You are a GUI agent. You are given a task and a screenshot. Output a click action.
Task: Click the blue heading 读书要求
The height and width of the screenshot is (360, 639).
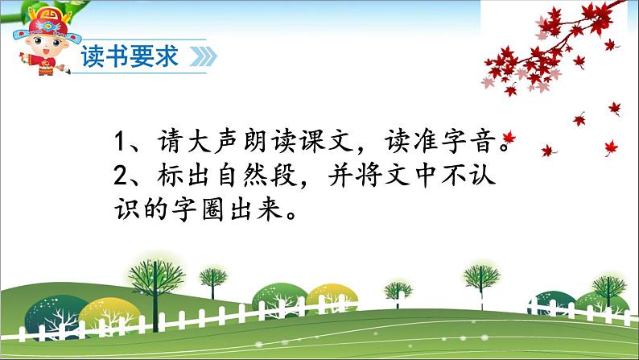coord(130,56)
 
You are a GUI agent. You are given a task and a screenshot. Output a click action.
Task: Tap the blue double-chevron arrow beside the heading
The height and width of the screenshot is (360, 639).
coord(204,56)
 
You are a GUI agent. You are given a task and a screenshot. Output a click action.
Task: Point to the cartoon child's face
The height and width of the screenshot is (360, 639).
coord(46,46)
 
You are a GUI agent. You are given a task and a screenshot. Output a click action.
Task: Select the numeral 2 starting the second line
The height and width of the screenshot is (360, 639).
coord(121,176)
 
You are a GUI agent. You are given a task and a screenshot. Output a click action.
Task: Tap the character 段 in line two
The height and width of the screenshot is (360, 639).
coord(285,176)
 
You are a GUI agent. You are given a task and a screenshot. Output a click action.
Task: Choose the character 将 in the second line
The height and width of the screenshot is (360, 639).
coord(370,176)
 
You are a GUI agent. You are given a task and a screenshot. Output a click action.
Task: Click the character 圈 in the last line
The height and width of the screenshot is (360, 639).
coord(212,211)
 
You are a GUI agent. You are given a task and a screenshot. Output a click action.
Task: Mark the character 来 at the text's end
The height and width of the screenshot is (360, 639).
coord(270,211)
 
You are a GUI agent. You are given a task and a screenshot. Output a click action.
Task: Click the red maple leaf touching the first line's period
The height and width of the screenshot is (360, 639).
coord(509,137)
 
